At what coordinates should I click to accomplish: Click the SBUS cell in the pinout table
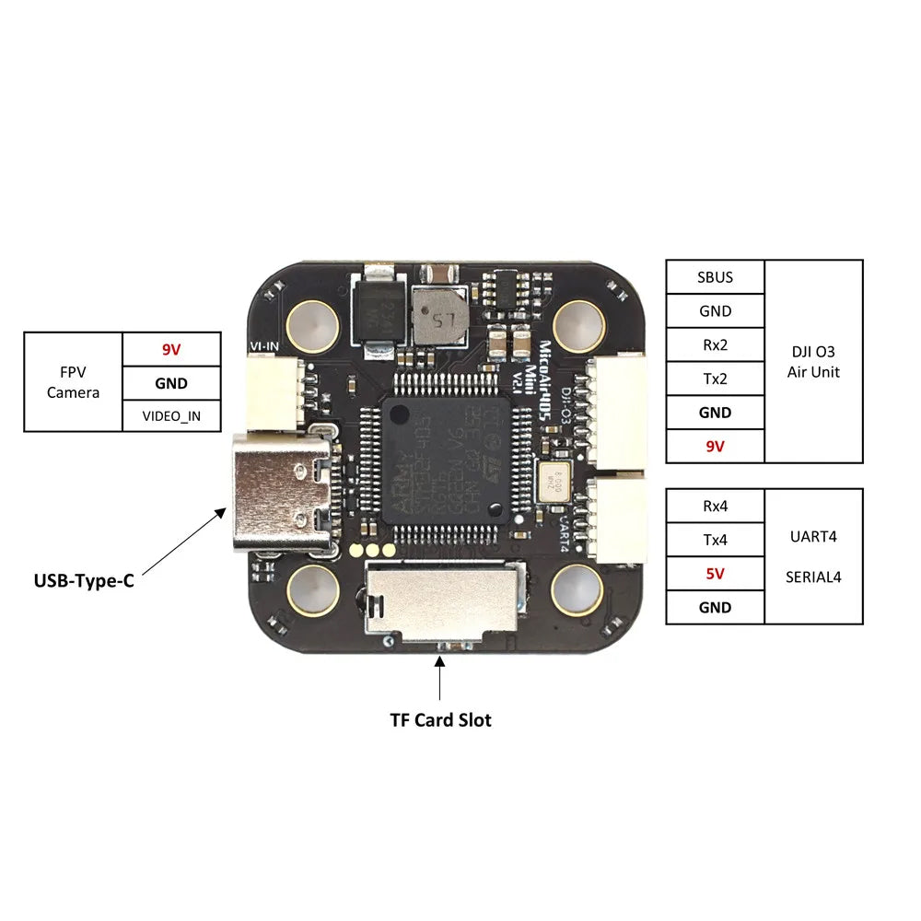[x=715, y=277]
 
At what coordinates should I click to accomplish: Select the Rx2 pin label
[x=715, y=345]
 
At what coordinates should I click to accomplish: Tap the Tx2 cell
[x=715, y=379]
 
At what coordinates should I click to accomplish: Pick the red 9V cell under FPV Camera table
[x=171, y=350]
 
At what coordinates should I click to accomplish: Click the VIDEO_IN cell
[x=171, y=415]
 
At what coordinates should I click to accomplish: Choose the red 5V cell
[x=715, y=573]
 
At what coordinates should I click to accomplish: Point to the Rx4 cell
[x=715, y=506]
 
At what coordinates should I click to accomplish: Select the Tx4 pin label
[x=715, y=540]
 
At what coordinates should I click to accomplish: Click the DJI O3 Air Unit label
[x=813, y=361]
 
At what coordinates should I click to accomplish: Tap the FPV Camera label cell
[x=73, y=381]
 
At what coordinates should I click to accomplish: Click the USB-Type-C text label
[x=84, y=581]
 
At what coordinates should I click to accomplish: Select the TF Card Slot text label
[x=440, y=719]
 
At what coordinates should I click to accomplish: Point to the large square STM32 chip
[x=445, y=460]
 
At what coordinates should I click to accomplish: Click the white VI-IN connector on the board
[x=274, y=392]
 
